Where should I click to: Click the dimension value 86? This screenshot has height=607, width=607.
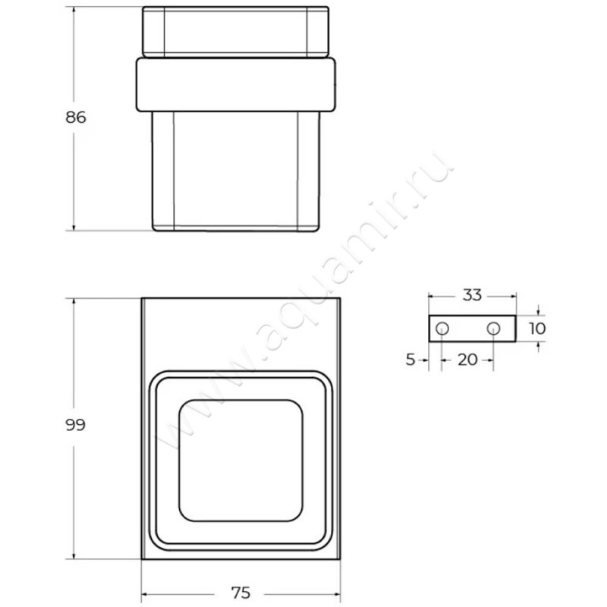coord(75,118)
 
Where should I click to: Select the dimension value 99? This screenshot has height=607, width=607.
coord(75,425)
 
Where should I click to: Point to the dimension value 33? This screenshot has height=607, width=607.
coord(472,296)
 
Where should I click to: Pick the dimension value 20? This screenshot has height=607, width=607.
coord(468,360)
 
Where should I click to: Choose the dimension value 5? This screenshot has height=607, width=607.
coord(410,360)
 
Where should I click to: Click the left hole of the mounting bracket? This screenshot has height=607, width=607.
coord(442,329)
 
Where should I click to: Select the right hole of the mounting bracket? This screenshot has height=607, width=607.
coord(493,329)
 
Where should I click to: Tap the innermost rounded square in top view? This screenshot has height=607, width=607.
coord(240,461)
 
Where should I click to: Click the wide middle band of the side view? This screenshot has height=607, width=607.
coord(234,84)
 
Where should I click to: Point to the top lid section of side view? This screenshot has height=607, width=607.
coord(235,32)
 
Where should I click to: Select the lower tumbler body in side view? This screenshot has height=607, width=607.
coord(235,171)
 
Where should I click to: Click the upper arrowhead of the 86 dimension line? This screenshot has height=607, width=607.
coord(74,11)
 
